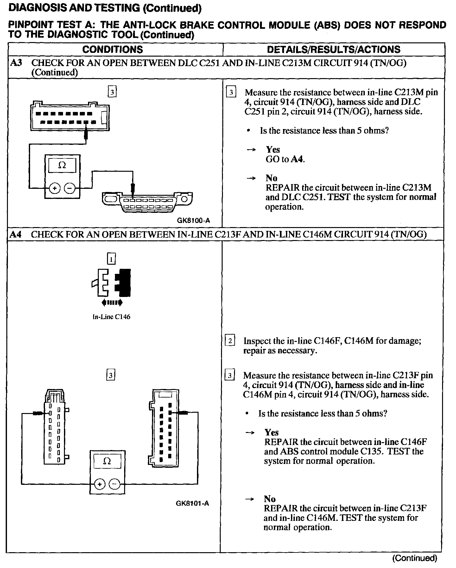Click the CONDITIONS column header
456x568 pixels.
coord(112,49)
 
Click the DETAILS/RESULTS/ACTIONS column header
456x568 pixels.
coord(333,49)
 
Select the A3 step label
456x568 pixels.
coord(16,63)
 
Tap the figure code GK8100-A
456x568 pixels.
coord(193,221)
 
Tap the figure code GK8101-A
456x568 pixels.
coord(192,503)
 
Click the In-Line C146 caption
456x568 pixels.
coord(111,317)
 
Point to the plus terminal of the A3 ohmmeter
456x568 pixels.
coord(54,188)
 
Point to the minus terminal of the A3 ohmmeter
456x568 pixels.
coord(70,188)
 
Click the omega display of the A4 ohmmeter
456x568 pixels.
coord(107,461)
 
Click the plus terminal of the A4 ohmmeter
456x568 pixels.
coord(99,484)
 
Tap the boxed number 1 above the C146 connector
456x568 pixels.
coord(111,259)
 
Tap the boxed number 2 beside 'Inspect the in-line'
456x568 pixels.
coord(230,341)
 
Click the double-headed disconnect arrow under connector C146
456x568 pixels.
coord(112,303)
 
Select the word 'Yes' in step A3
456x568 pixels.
coord(273,149)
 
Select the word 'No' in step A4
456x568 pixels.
coord(269,499)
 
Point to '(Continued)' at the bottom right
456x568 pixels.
coord(415,558)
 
